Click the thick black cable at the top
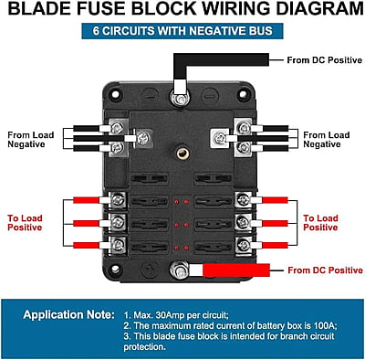point(221,59)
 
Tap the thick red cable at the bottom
point(236,270)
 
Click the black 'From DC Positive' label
point(325,60)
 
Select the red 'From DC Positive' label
point(325,270)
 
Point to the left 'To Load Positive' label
point(25,223)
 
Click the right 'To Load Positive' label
point(320,223)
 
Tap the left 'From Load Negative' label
point(31,140)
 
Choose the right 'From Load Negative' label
point(327,140)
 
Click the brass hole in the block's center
point(182,154)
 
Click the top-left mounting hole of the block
point(115,94)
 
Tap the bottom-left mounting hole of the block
point(115,270)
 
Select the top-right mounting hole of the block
point(244,94)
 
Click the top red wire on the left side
point(86,200)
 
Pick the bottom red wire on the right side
point(275,245)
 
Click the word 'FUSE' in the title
point(101,8)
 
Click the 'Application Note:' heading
point(69,314)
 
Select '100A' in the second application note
point(324,325)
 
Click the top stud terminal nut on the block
point(180,99)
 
